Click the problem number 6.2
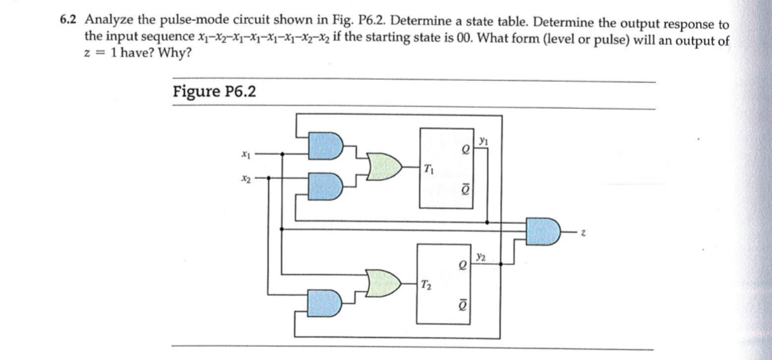point(69,21)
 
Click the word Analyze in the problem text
point(107,21)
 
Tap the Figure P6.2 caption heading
point(214,92)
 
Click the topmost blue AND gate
point(324,145)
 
